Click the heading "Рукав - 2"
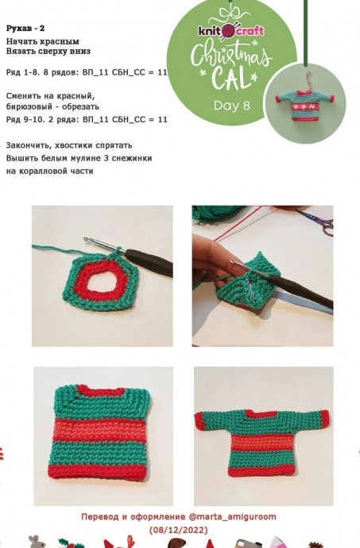[25, 29]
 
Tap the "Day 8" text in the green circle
[232, 105]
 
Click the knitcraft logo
[231, 31]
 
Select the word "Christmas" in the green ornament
[231, 56]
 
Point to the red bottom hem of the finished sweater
[262, 470]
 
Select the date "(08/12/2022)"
[179, 530]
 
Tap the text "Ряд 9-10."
[25, 119]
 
